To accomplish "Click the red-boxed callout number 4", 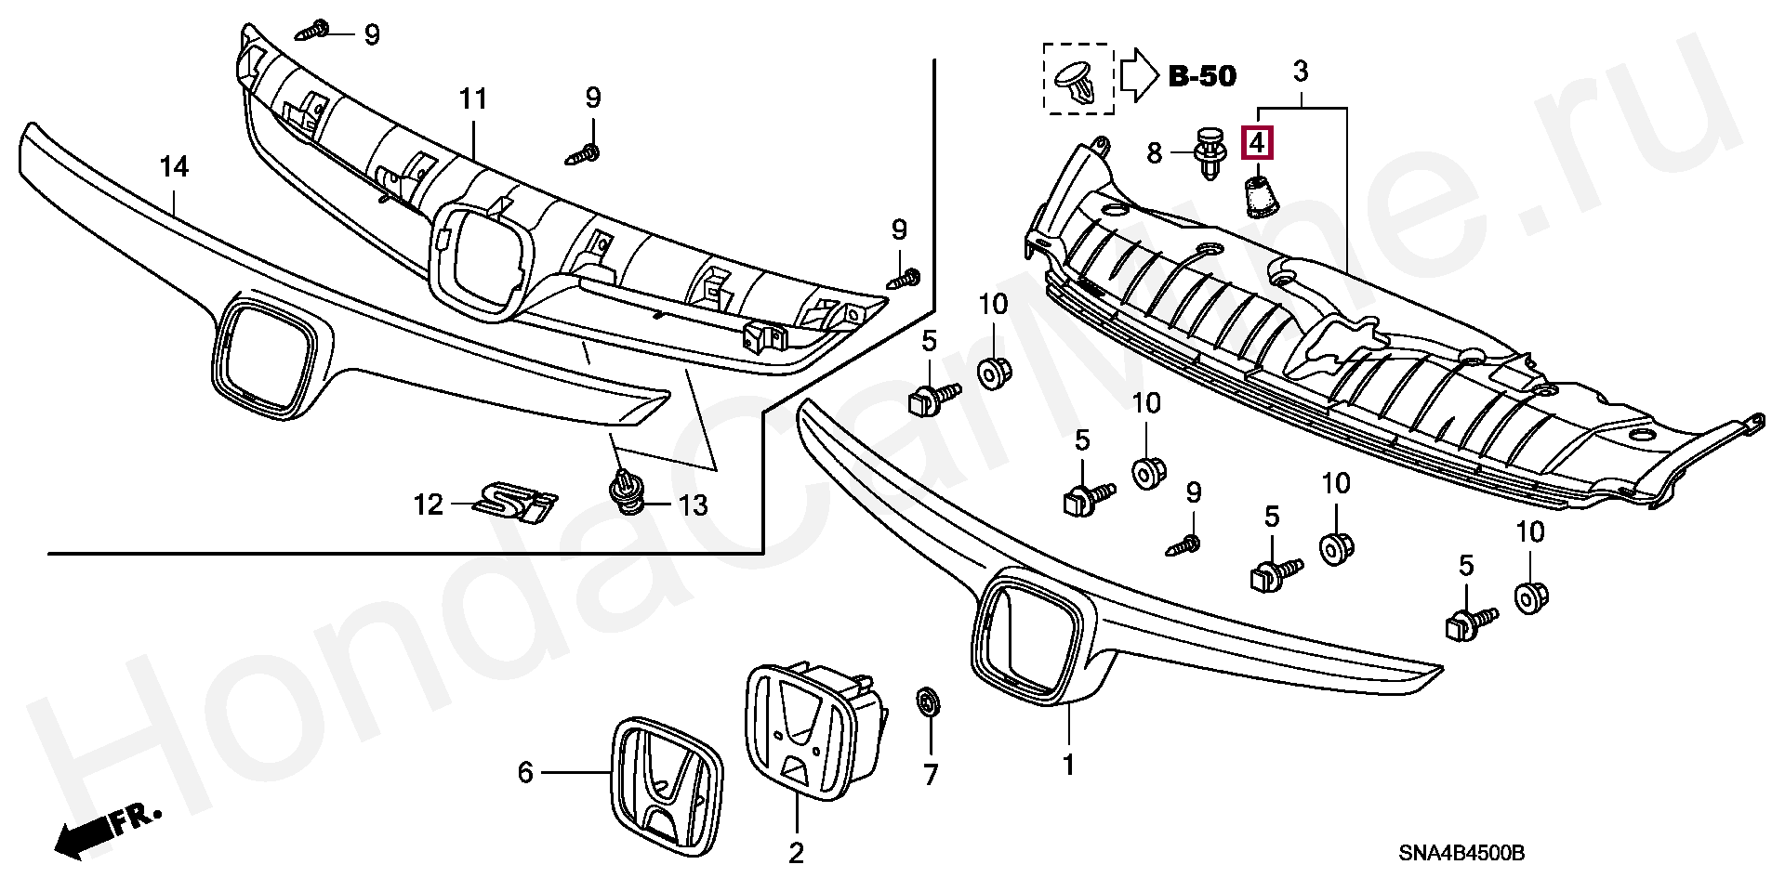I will tap(1257, 144).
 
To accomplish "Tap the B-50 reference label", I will tap(1201, 76).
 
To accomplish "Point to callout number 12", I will tap(429, 505).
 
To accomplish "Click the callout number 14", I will tap(174, 167).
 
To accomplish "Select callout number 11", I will tap(472, 98).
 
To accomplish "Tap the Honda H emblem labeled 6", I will tap(668, 788).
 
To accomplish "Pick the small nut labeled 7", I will tap(927, 703).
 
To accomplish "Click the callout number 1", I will tap(1068, 766).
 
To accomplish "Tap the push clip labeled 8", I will tap(1209, 155).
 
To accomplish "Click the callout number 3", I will tap(1301, 71).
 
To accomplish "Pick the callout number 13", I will tap(693, 505).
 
